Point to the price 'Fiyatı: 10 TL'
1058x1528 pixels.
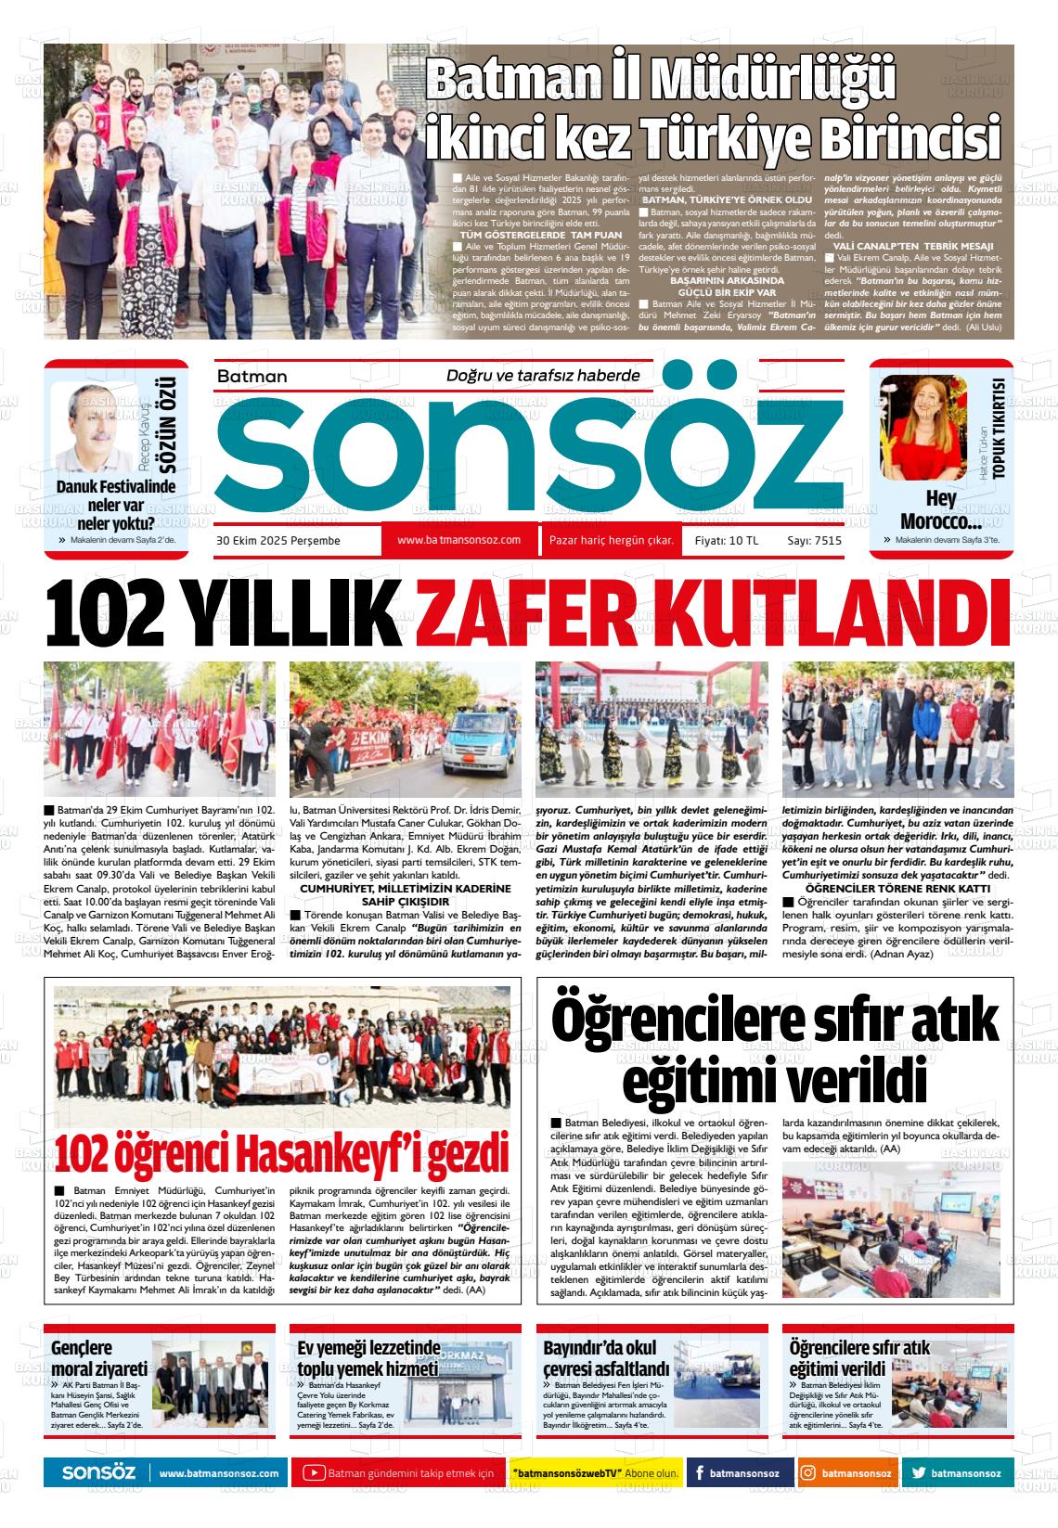727,540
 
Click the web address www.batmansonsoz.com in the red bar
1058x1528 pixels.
458,540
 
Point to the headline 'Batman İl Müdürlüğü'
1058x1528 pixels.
660,81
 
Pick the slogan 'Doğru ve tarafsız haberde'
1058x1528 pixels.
543,376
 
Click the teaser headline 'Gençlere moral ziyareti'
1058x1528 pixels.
98,1358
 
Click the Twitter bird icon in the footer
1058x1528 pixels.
919,1473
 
